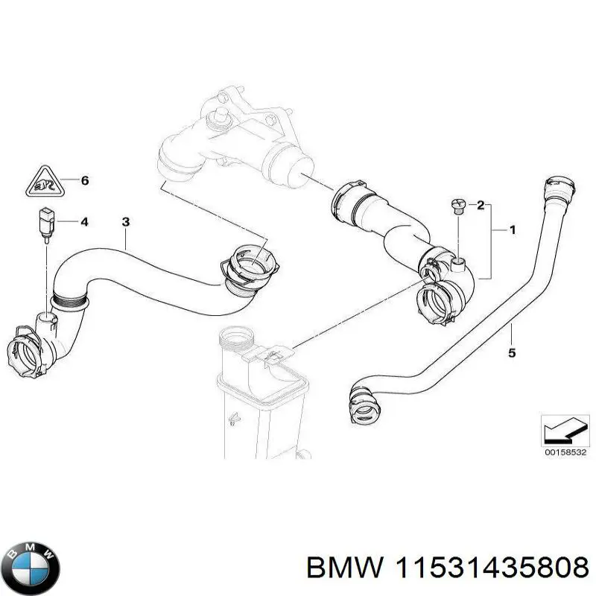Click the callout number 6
click(84, 180)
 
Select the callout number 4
click(84, 221)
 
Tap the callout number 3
click(126, 221)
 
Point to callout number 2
click(481, 204)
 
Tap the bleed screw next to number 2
click(458, 206)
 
